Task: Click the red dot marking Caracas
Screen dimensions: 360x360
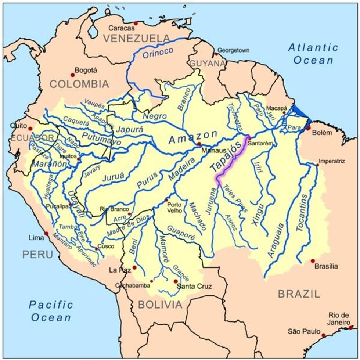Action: pyautogui.click(x=136, y=23)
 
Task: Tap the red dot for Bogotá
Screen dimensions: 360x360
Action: pyautogui.click(x=73, y=75)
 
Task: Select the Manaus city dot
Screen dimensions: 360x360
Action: pyautogui.click(x=199, y=144)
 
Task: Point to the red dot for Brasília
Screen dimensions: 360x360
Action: pyautogui.click(x=313, y=261)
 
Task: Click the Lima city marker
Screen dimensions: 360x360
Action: pyautogui.click(x=46, y=233)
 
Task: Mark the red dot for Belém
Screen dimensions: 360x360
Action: pyautogui.click(x=309, y=128)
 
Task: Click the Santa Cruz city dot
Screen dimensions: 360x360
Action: pyautogui.click(x=176, y=281)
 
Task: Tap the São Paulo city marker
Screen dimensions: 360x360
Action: pyautogui.click(x=324, y=335)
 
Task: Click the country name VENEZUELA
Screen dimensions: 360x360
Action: pyautogui.click(x=136, y=38)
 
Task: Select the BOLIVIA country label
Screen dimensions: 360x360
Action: pyautogui.click(x=160, y=305)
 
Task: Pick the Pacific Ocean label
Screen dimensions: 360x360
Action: pyautogui.click(x=51, y=311)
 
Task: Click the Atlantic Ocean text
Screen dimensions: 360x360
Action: pyautogui.click(x=313, y=54)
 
